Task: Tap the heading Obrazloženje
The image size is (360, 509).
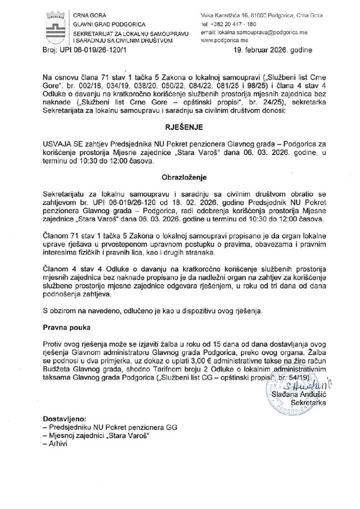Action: pyautogui.click(x=180, y=176)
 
